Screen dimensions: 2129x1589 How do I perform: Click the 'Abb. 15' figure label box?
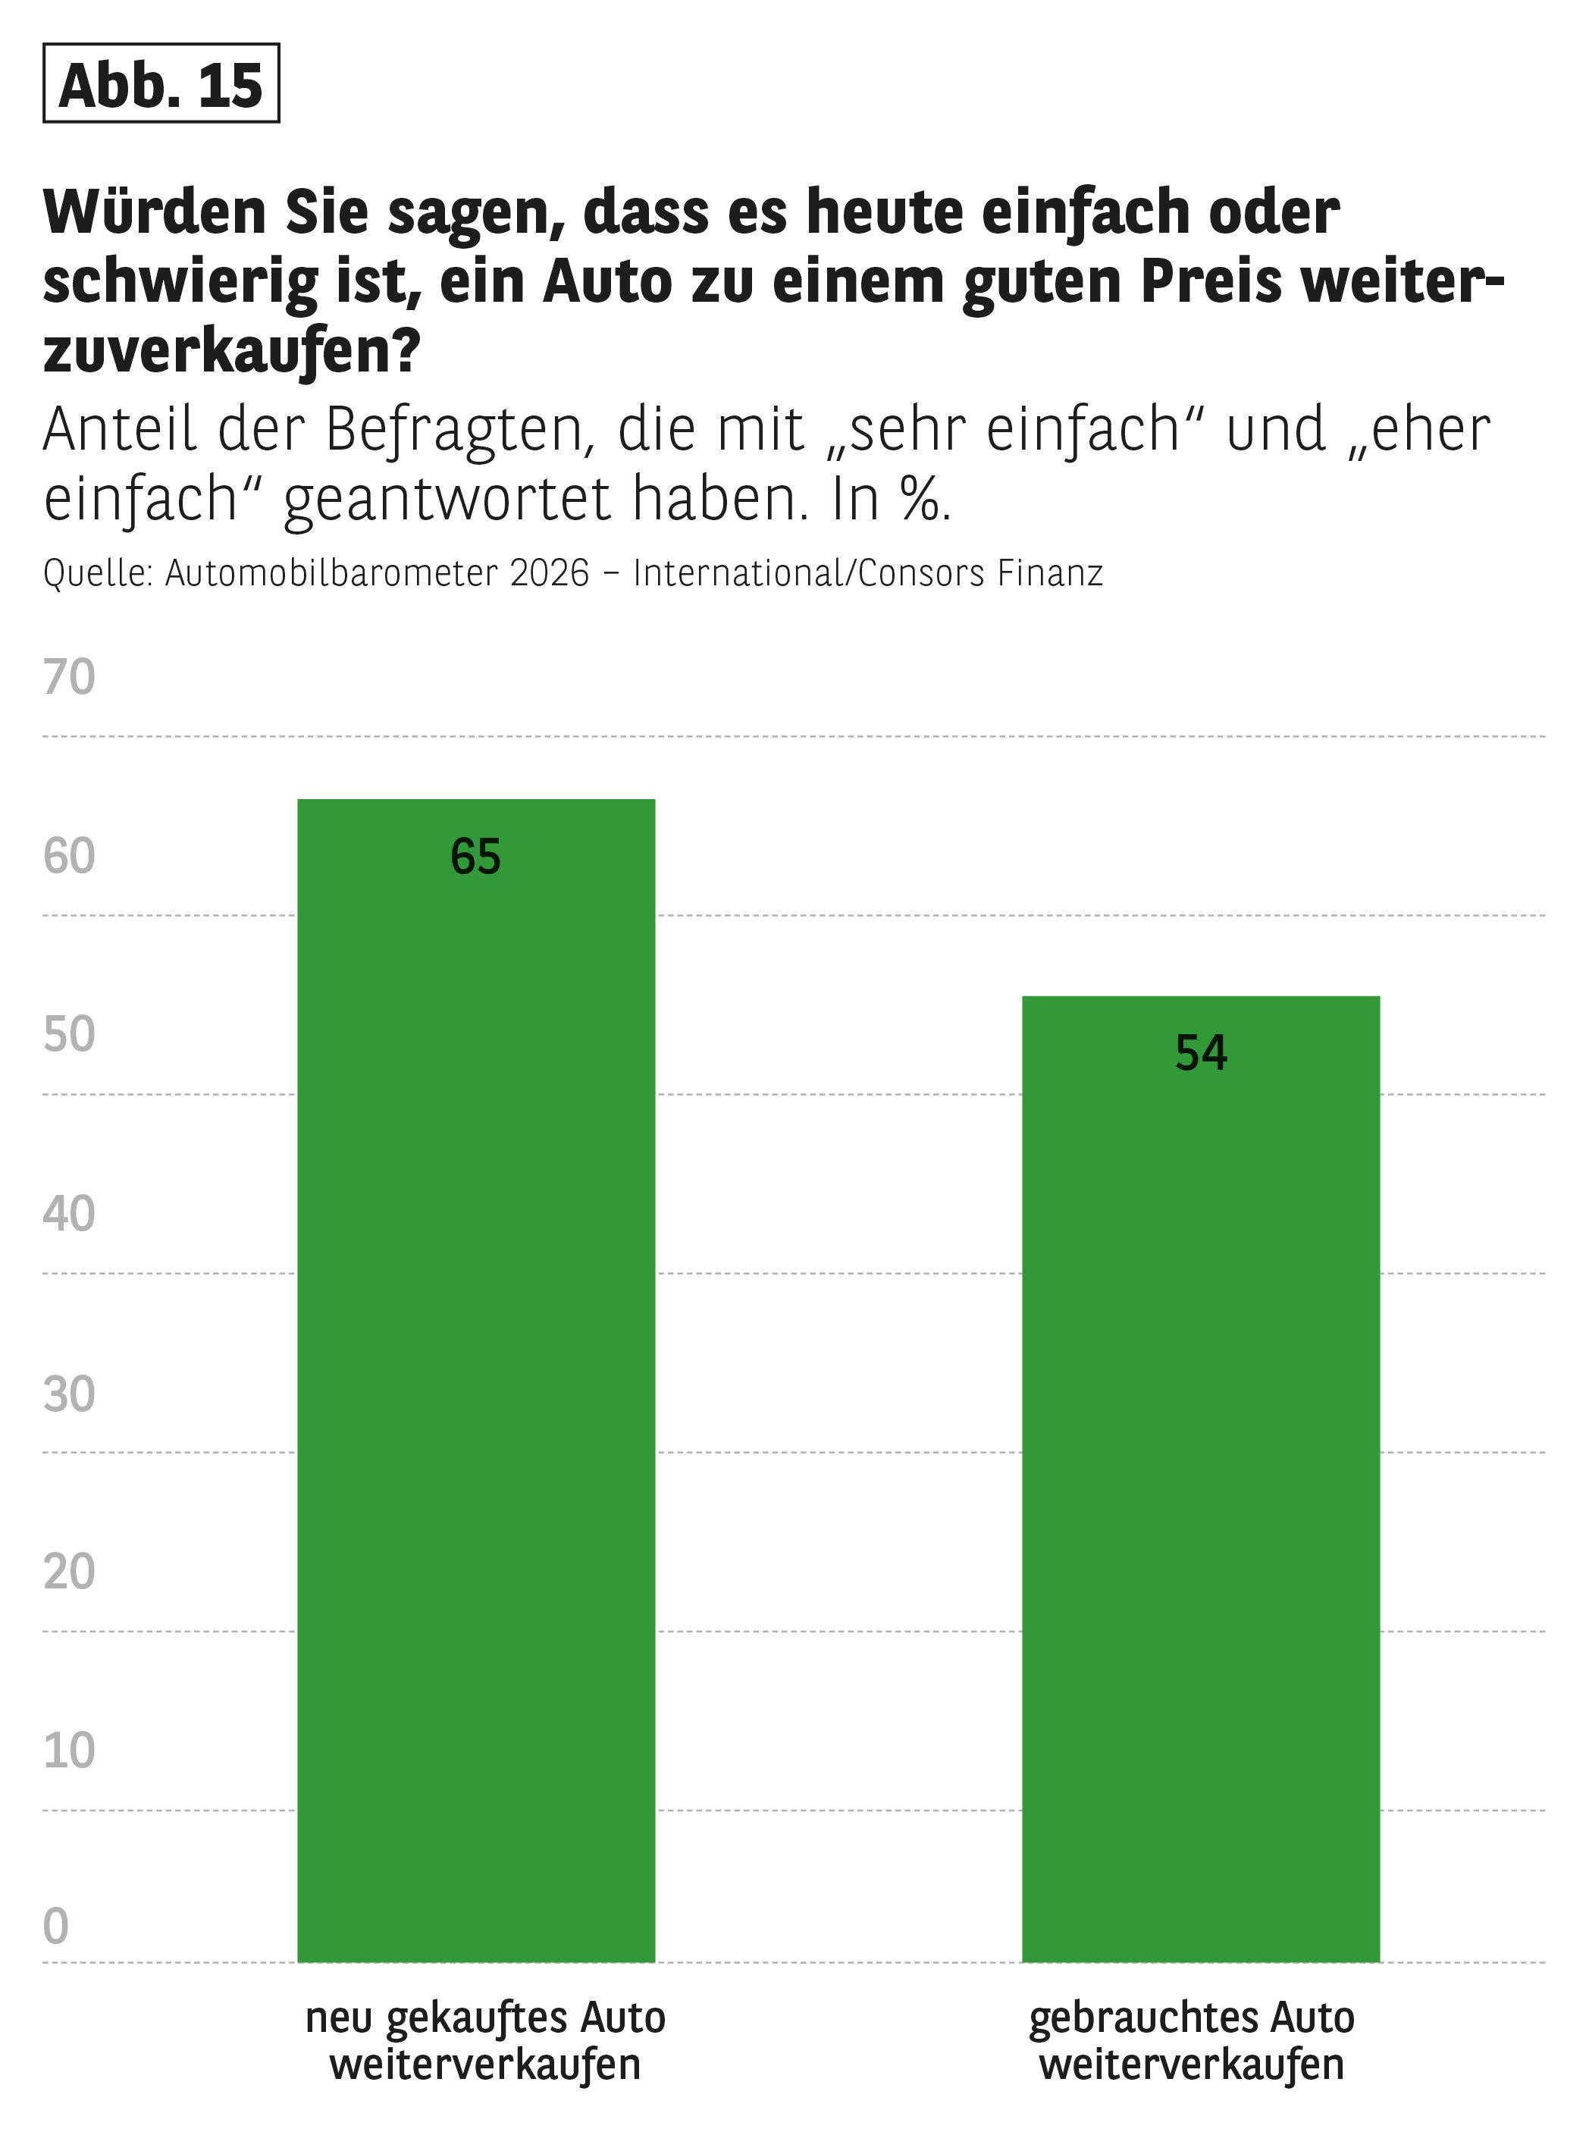pyautogui.click(x=161, y=83)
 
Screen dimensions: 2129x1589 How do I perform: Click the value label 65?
pyautogui.click(x=475, y=856)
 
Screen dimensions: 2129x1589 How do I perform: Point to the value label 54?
pyautogui.click(x=1200, y=1052)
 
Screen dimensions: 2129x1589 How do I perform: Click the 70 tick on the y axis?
pyautogui.click(x=69, y=677)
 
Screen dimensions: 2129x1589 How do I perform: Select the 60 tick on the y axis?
pyautogui.click(x=69, y=856)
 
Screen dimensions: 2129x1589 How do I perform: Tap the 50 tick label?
pyautogui.click(x=69, y=1035)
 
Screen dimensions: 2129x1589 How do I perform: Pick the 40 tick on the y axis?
pyautogui.click(x=69, y=1214)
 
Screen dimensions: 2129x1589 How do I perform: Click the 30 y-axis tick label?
pyautogui.click(x=69, y=1394)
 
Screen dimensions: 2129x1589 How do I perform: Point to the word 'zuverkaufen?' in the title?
pyautogui.click(x=232, y=352)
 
